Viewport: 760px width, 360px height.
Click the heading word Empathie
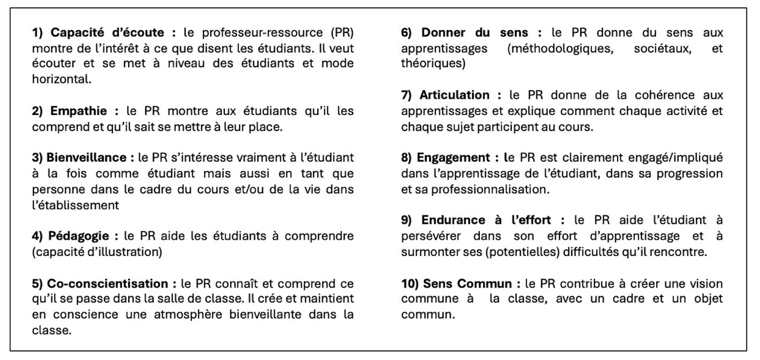pos(78,111)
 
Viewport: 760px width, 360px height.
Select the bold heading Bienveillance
pos(86,158)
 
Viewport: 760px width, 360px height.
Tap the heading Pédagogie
pos(78,236)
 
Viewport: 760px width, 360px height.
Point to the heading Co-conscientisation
pos(107,284)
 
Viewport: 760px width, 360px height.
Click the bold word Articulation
pos(454,95)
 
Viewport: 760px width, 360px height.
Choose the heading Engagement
pos(453,158)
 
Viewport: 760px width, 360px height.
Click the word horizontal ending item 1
pos(61,79)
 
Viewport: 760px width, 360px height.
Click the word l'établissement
pos(75,205)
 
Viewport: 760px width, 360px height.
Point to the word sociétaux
pos(662,48)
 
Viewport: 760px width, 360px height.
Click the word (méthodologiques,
pos(560,48)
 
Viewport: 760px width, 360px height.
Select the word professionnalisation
pos(490,189)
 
